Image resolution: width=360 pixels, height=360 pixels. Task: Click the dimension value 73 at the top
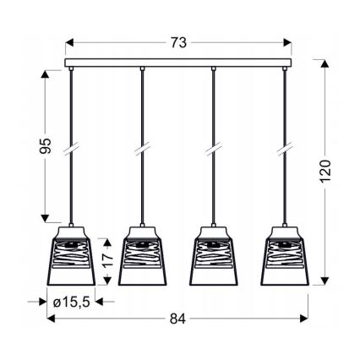click(x=178, y=43)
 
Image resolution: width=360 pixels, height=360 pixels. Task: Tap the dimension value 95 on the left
click(x=46, y=146)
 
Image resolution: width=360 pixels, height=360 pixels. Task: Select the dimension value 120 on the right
click(x=325, y=171)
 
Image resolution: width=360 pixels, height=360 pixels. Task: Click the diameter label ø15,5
click(x=71, y=302)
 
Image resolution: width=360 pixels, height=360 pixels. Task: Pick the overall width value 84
click(x=178, y=319)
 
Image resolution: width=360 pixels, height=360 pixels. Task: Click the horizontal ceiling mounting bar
click(x=178, y=63)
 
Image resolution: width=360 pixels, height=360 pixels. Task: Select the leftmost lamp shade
click(x=71, y=255)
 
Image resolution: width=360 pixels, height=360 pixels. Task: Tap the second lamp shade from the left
click(x=142, y=255)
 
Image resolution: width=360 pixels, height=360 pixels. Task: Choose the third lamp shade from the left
click(x=214, y=255)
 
